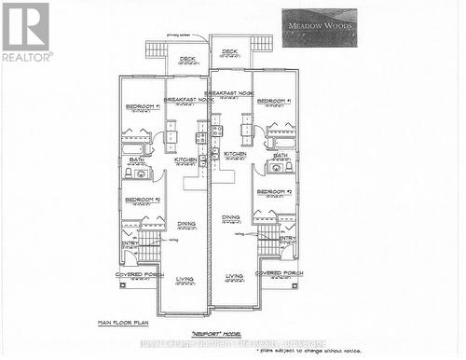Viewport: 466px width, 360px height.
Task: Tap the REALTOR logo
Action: [25, 32]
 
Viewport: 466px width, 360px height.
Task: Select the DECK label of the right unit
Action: [230, 51]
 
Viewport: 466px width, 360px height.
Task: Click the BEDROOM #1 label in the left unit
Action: [143, 106]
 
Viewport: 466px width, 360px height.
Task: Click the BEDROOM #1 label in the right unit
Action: [274, 101]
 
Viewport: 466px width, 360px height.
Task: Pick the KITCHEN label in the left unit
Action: [185, 160]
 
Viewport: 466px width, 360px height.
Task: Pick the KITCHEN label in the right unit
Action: [234, 154]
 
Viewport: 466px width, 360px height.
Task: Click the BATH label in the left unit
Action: [136, 159]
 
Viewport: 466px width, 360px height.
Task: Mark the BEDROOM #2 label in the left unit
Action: [143, 200]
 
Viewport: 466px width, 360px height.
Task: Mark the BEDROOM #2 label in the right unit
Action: [275, 191]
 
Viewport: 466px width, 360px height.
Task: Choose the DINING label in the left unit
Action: [186, 224]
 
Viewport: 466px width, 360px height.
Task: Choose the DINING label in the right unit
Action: [231, 217]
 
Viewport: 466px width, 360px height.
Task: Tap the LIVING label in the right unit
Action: [234, 276]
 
